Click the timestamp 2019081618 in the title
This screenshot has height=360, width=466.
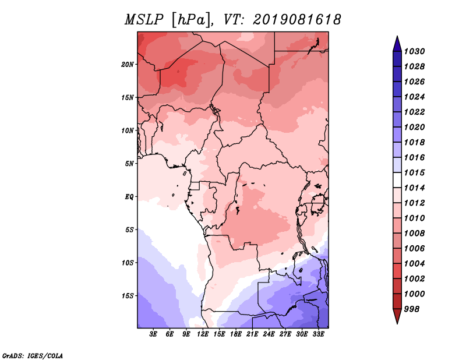tap(297, 20)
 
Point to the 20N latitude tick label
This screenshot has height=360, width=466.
tap(128, 64)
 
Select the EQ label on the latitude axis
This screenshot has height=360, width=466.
tap(129, 196)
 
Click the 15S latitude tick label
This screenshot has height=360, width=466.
tap(128, 295)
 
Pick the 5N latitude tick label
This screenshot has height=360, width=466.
tap(129, 163)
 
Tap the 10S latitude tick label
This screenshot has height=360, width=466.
tap(128, 263)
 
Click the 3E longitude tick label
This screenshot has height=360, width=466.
tap(154, 334)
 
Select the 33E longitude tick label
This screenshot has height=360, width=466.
tap(318, 334)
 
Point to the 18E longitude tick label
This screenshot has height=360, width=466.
tap(236, 334)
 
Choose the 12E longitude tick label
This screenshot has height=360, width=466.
tap(203, 334)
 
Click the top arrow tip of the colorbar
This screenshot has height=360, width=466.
tap(396, 38)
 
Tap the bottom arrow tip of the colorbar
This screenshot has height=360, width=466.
tap(396, 322)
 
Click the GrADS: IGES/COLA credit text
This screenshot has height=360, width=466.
tap(32, 355)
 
